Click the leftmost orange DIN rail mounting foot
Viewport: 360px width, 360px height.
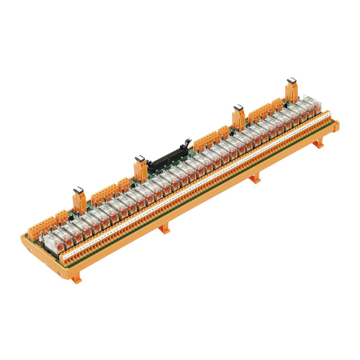[x=77, y=279]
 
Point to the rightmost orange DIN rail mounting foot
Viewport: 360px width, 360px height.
[x=319, y=144]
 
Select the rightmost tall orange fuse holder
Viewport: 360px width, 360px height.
[x=292, y=91]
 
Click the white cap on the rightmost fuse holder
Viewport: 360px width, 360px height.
[x=291, y=80]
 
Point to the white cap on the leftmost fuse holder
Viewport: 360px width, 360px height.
[x=79, y=189]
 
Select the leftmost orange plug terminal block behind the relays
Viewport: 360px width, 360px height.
[x=40, y=228]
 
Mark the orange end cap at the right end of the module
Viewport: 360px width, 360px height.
[x=335, y=126]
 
